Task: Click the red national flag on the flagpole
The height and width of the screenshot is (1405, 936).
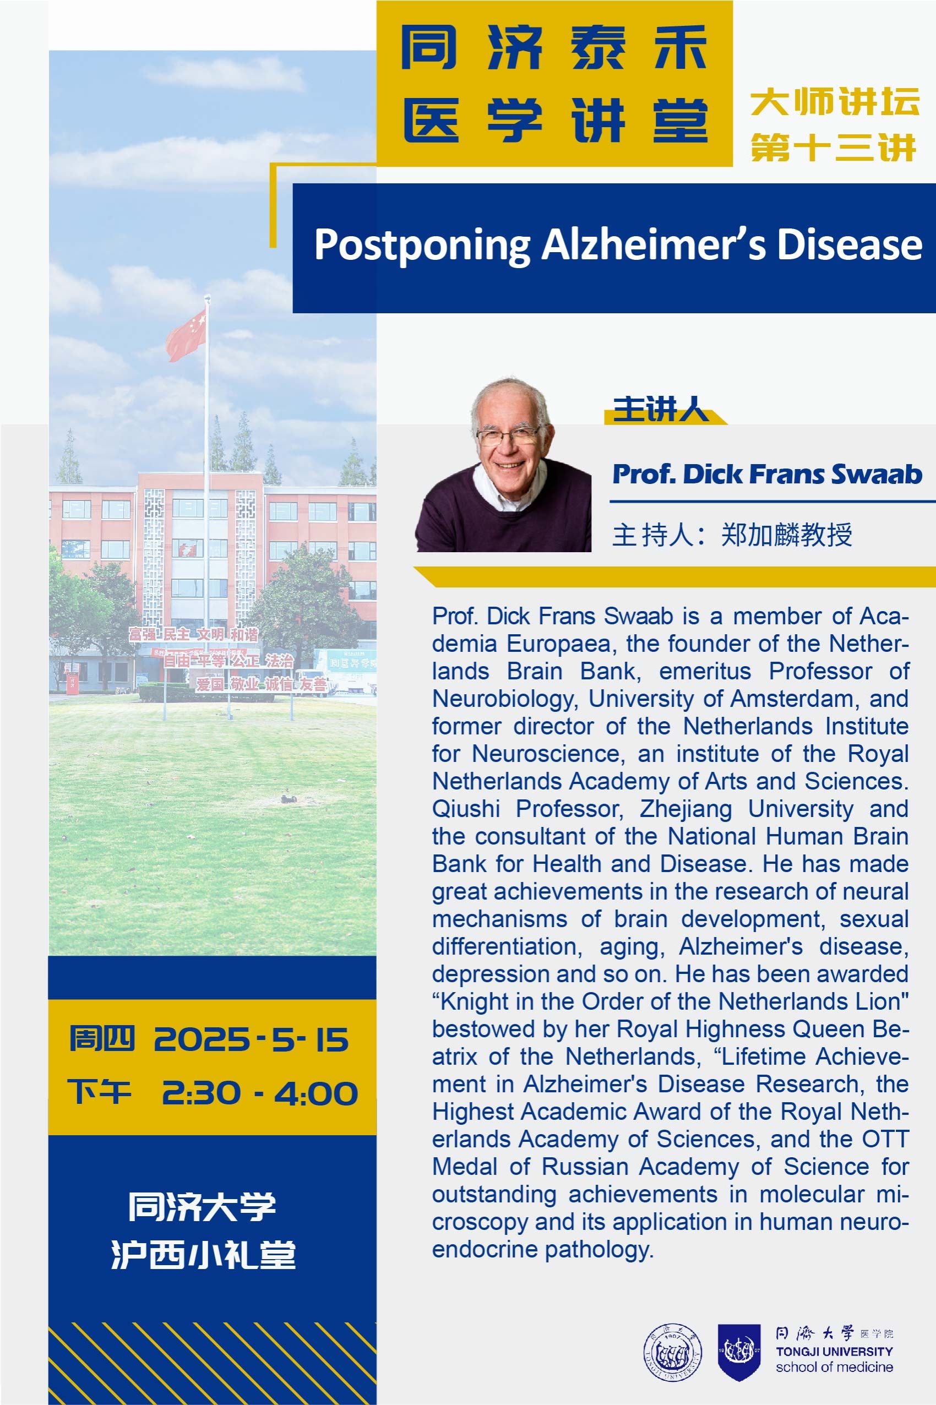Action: pyautogui.click(x=186, y=336)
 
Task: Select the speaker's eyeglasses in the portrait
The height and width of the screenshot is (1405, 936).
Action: pyautogui.click(x=508, y=435)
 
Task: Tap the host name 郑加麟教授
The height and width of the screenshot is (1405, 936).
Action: pyautogui.click(x=786, y=534)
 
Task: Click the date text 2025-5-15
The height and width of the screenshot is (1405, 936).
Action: pyautogui.click(x=251, y=1039)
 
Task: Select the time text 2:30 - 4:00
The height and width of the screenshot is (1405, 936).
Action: pyautogui.click(x=260, y=1093)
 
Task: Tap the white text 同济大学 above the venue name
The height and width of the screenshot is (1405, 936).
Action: pyautogui.click(x=203, y=1206)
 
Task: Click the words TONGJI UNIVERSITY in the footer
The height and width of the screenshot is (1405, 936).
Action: pyautogui.click(x=835, y=1352)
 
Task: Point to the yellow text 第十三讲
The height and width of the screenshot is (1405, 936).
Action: pyautogui.click(x=834, y=147)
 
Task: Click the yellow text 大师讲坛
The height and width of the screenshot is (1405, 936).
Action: pyautogui.click(x=835, y=101)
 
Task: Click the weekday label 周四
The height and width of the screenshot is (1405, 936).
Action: pyautogui.click(x=101, y=1038)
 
